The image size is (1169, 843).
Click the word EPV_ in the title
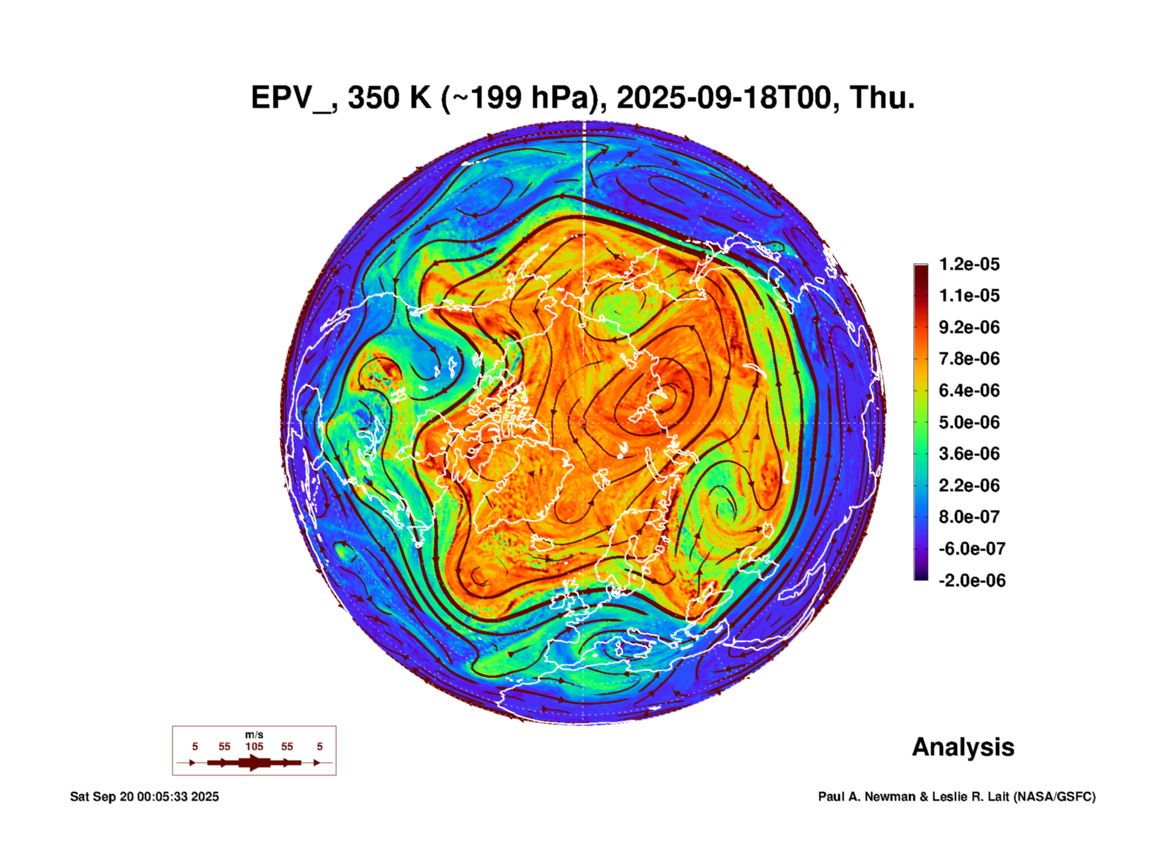[x=292, y=98]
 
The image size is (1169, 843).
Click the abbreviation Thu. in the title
[x=882, y=98]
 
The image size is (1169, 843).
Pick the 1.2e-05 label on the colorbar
[x=969, y=264]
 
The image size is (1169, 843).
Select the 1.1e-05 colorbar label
[x=969, y=295]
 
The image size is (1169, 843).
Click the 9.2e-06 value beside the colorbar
[x=969, y=327]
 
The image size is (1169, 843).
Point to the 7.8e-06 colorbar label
[x=969, y=359]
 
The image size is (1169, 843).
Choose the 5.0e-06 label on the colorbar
[x=969, y=422]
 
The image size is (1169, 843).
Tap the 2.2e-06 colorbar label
[x=969, y=485]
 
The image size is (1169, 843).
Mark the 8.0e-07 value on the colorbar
[x=969, y=517]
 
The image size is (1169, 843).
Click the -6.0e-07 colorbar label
[x=971, y=549]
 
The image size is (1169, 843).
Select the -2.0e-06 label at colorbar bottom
[x=971, y=581]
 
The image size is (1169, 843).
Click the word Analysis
[x=963, y=747]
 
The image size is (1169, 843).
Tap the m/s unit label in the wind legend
[x=254, y=734]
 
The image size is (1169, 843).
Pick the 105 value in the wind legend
[x=254, y=746]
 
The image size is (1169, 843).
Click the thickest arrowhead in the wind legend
[x=255, y=763]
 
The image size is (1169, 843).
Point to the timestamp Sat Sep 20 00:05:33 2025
[x=144, y=797]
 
